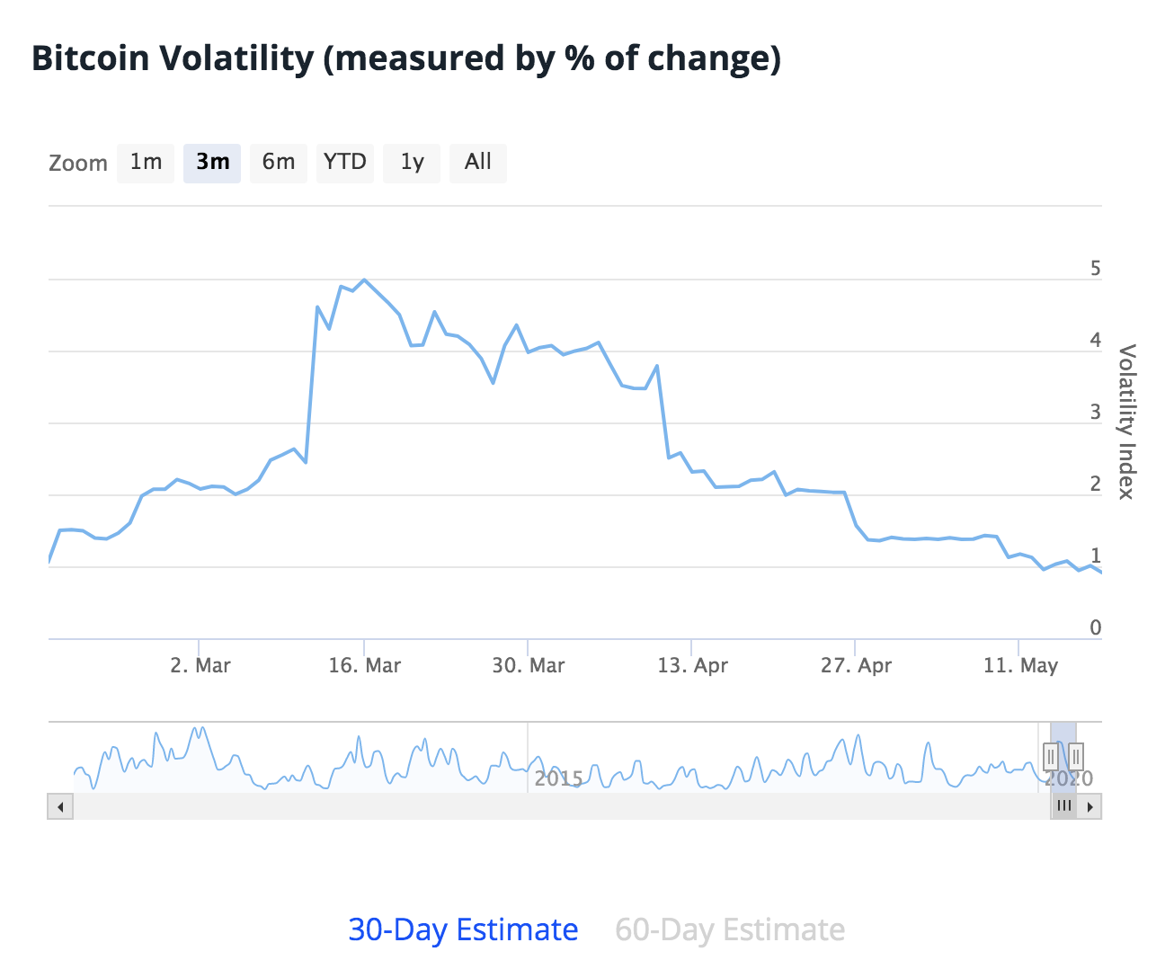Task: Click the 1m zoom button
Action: point(146,163)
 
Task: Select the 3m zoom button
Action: point(212,163)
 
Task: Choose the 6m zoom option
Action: point(279,163)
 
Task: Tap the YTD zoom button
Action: point(345,163)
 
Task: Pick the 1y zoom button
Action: point(412,163)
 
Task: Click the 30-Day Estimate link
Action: point(463,929)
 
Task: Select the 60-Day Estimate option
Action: point(730,929)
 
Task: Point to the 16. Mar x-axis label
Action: point(364,666)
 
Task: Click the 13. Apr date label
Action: point(692,666)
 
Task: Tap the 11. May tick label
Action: point(1020,666)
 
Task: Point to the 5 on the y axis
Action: point(1095,269)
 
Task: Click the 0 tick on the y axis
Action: point(1095,628)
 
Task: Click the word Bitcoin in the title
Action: point(90,59)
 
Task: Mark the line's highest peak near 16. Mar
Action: point(364,280)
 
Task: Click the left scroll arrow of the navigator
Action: point(60,806)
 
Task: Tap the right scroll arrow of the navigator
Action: point(1090,806)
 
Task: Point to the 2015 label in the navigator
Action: point(558,778)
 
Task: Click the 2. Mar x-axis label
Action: point(200,666)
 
